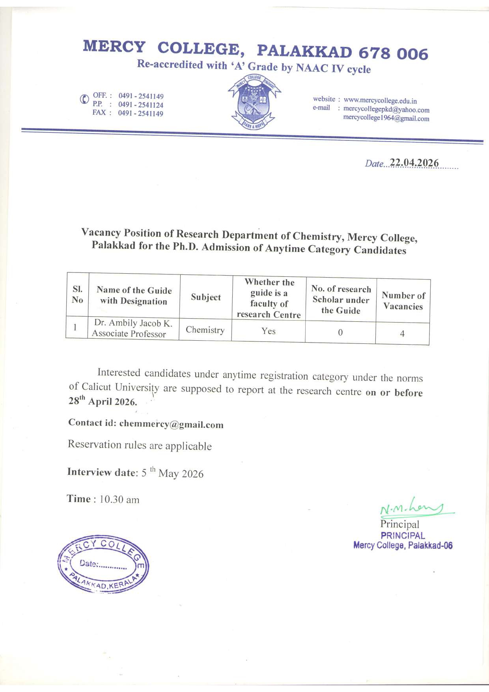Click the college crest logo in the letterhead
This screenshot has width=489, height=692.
(x=254, y=101)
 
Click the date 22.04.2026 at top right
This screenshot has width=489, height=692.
(x=414, y=163)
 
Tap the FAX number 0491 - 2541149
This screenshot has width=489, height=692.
(x=140, y=114)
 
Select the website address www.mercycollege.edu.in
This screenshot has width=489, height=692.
(x=380, y=101)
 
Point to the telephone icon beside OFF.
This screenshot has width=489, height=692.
(x=84, y=99)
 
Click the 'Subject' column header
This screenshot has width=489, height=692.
(x=206, y=297)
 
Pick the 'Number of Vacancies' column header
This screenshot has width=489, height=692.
(x=403, y=301)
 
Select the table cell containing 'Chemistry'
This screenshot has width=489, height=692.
(x=205, y=330)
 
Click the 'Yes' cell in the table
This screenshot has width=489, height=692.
(x=269, y=331)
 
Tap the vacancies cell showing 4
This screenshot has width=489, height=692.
(x=402, y=334)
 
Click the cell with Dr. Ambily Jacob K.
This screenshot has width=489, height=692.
(x=133, y=328)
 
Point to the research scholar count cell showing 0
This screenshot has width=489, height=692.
(x=340, y=332)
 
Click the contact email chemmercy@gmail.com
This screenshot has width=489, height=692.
(x=171, y=424)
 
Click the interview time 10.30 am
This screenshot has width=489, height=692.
(x=119, y=499)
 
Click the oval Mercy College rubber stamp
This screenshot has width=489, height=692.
(x=103, y=564)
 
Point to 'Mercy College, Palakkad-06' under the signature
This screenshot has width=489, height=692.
(x=403, y=546)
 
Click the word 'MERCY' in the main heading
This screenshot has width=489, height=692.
(x=114, y=47)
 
